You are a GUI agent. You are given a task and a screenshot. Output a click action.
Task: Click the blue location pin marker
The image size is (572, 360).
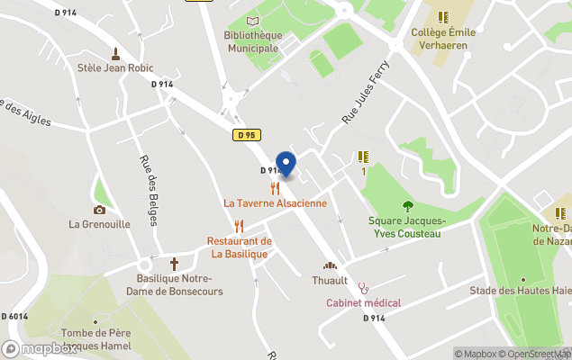tap(286, 164)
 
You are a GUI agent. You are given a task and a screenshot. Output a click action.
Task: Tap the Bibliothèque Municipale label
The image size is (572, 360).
tap(252, 41)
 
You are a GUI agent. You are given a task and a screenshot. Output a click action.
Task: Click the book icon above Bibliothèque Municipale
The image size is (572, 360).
tap(252, 21)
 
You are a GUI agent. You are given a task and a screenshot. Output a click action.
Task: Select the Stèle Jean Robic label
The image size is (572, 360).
tap(116, 67)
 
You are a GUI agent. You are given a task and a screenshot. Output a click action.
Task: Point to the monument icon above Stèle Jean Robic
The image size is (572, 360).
tap(115, 52)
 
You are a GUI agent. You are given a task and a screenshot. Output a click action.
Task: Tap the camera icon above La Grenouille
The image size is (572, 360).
tap(99, 210)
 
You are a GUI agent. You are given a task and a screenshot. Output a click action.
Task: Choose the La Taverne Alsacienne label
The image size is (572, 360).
tap(275, 203)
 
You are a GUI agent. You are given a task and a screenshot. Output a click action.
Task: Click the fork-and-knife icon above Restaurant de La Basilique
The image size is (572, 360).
tap(239, 226)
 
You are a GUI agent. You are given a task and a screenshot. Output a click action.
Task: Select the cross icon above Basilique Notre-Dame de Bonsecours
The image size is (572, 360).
tap(174, 264)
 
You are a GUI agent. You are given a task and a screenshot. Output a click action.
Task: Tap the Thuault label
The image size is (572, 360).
tap(330, 280)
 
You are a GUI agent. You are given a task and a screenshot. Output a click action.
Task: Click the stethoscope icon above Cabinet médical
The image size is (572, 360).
tap(363, 289)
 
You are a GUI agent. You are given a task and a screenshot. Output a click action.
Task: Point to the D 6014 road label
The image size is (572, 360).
tap(14, 316)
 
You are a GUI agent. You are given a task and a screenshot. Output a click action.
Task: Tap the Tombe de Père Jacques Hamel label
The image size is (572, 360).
tap(97, 338)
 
